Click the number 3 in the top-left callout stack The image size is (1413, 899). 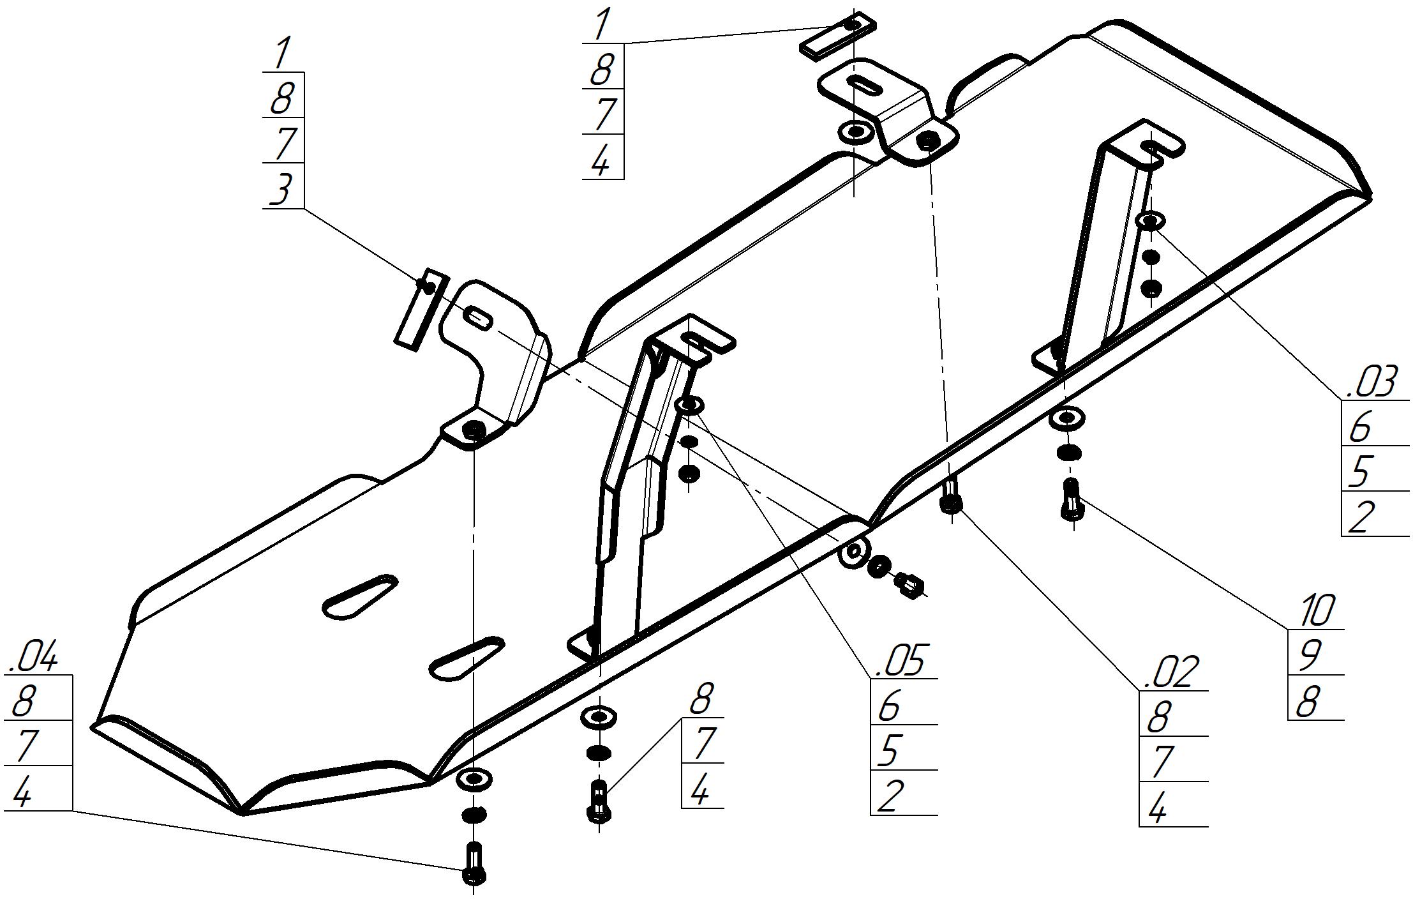(281, 190)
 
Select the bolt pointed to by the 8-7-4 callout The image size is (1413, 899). (598, 802)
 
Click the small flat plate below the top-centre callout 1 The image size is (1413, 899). (837, 35)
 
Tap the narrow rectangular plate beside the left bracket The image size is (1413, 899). (421, 307)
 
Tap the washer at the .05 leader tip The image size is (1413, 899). (689, 405)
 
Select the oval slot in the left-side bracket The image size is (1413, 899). (479, 316)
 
